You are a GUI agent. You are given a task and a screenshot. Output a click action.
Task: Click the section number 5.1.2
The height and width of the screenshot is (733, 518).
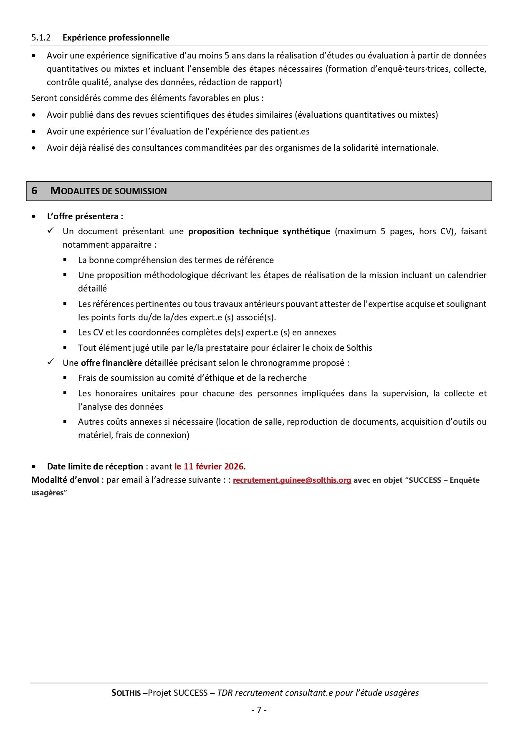point(41,38)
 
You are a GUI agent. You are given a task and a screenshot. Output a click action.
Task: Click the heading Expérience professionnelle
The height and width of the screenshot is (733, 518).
point(116,38)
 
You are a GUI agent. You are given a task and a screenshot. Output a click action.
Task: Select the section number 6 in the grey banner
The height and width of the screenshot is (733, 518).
point(34,191)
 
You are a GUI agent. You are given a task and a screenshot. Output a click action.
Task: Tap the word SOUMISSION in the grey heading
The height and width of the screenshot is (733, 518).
point(141,191)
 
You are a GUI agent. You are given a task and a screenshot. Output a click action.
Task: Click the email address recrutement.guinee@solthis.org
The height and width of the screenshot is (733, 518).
point(292,480)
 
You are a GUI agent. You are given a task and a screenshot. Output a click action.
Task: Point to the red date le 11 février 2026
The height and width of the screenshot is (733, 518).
point(210,467)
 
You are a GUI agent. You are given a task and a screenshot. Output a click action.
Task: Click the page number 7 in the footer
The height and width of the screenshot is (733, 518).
point(259,710)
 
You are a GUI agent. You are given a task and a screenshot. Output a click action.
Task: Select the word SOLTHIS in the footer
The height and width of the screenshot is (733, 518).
point(126,693)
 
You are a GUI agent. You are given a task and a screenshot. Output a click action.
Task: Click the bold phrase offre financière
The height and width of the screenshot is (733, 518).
point(111,363)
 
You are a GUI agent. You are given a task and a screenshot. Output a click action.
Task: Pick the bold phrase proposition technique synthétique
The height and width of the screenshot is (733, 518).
point(259,231)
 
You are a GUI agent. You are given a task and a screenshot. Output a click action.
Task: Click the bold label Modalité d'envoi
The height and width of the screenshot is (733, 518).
point(65,480)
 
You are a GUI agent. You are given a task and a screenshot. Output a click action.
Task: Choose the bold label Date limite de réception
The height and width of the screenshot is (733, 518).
point(95,467)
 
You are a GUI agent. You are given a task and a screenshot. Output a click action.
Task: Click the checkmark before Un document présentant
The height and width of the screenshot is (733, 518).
point(51,231)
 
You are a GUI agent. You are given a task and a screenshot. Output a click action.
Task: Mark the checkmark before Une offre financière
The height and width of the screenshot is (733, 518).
point(51,362)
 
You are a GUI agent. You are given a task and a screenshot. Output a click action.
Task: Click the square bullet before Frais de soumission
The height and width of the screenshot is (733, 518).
point(65,378)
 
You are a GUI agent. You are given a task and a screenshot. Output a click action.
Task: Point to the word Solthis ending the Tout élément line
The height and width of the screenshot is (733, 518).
point(359,348)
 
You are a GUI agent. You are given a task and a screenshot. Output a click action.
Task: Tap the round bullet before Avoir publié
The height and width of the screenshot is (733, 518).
point(34,115)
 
